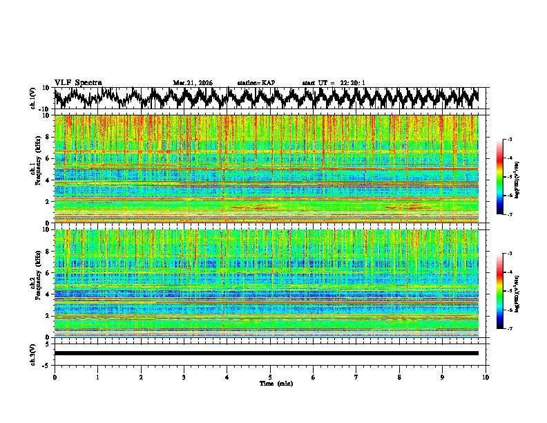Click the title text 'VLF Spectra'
(78, 82)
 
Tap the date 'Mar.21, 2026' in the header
(193, 83)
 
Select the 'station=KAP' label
(256, 83)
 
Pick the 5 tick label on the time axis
(270, 377)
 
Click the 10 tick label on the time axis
(486, 377)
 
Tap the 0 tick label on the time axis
(55, 377)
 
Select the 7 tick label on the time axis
(356, 377)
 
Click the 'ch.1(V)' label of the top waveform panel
(33, 99)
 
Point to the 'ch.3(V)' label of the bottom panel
(33, 353)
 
